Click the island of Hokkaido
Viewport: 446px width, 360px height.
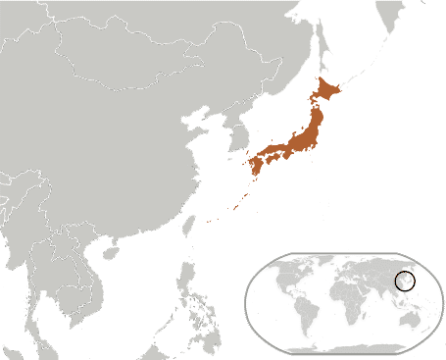pyautogui.click(x=326, y=93)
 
